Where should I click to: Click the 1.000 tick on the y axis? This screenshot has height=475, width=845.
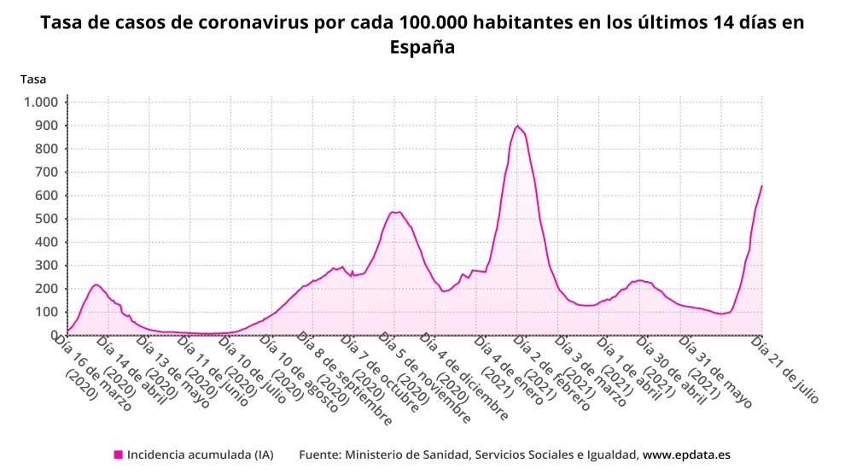(41, 103)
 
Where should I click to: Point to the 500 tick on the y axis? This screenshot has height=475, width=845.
(46, 219)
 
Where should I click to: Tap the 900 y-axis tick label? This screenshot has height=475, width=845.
(46, 126)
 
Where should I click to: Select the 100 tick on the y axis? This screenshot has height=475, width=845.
(46, 312)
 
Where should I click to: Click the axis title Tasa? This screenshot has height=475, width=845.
(33, 79)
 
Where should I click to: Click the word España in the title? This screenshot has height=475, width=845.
(422, 48)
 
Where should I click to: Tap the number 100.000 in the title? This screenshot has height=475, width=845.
(421, 23)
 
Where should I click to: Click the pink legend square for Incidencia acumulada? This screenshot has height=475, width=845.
(118, 454)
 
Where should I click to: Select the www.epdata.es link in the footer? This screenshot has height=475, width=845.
(686, 454)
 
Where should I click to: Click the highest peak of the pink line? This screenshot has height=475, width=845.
(517, 126)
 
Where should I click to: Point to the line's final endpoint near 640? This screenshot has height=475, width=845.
(761, 186)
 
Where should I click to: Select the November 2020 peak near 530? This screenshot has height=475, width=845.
(393, 212)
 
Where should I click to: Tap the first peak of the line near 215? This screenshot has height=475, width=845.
(96, 284)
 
